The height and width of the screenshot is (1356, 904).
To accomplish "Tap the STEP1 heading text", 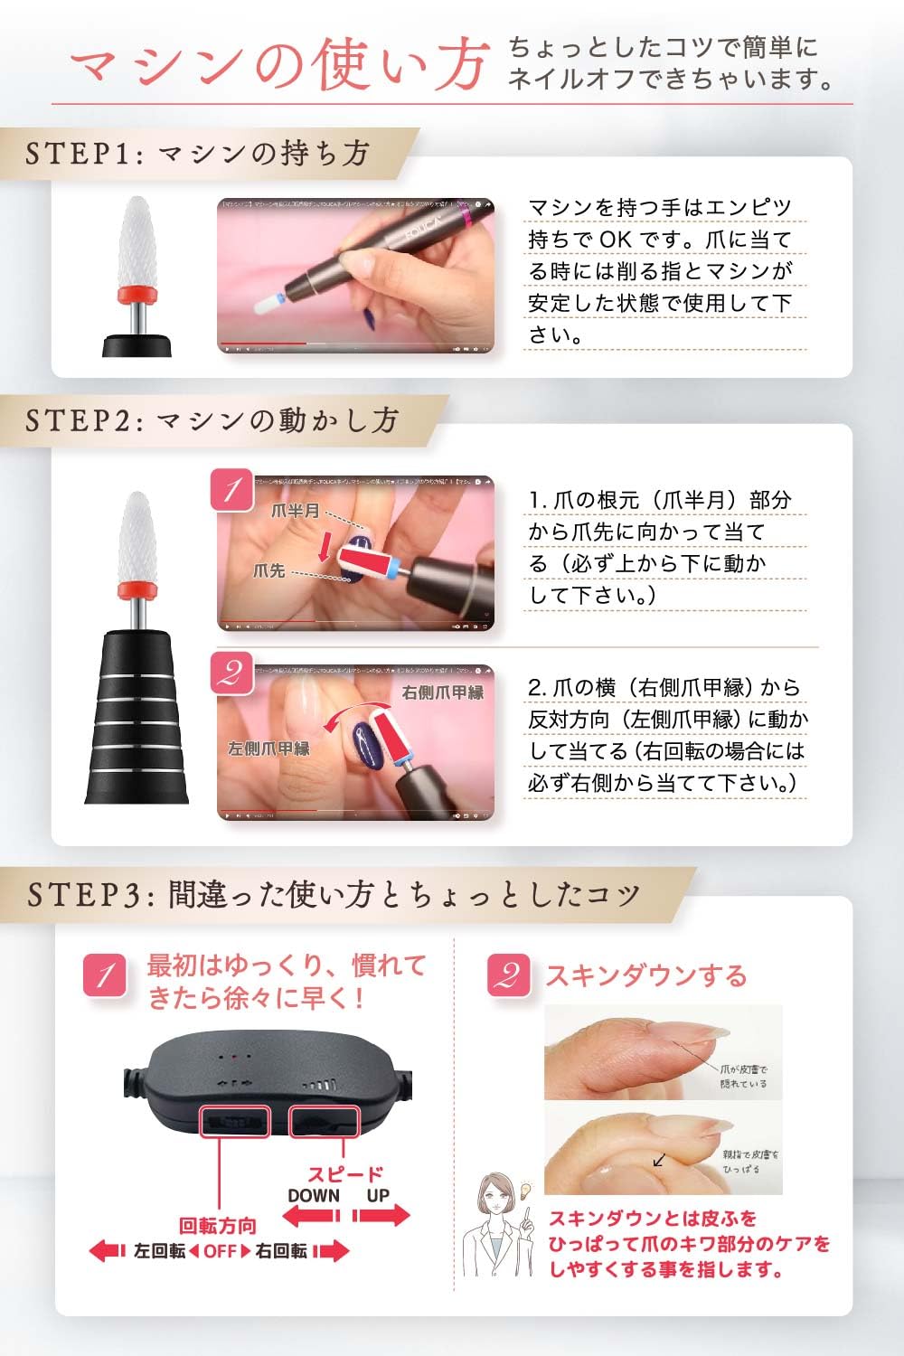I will tap(197, 153).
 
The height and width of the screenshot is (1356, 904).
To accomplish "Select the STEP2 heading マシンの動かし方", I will tap(212, 420).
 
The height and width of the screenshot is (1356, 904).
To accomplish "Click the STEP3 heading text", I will tap(333, 894).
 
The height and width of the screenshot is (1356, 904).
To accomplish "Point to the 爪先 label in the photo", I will tap(269, 570).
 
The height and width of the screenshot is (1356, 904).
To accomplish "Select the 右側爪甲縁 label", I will tap(443, 692).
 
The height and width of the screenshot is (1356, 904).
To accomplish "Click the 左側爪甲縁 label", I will tap(268, 749).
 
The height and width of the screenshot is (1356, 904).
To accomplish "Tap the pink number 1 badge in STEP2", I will tap(232, 490).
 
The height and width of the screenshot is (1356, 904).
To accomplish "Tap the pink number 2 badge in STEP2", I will tap(232, 673).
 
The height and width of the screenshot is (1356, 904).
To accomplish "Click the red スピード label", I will tap(345, 1173).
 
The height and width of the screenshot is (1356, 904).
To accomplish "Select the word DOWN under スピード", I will tap(314, 1195).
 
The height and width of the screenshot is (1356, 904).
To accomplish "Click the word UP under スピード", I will tap(378, 1195).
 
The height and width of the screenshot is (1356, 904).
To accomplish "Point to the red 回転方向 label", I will tap(218, 1226).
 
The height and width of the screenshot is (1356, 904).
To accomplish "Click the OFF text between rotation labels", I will tap(220, 1251).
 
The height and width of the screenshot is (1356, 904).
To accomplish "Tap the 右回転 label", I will tap(281, 1251).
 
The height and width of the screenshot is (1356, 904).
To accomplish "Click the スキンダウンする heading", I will tap(645, 975).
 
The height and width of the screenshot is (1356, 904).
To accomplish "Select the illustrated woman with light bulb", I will tap(499, 1229).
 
